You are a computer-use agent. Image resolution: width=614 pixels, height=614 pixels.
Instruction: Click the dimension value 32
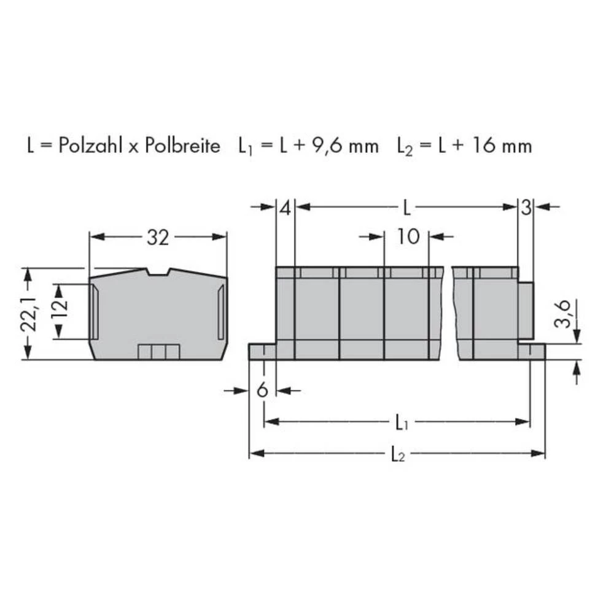[x=157, y=238]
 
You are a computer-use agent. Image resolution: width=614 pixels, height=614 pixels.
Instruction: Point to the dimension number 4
[x=284, y=208]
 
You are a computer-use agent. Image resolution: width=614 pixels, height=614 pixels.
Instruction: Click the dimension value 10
[x=406, y=236]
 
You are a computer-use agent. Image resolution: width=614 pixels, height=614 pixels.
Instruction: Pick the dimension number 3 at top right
[x=526, y=208]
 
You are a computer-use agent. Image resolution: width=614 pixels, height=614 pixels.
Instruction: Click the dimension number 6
[x=262, y=390]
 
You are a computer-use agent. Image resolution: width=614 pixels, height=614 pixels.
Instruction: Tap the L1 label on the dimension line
[x=400, y=422]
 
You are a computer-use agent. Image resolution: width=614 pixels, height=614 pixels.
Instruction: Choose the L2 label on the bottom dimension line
[x=397, y=454]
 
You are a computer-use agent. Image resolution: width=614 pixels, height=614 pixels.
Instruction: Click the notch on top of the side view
[x=158, y=272]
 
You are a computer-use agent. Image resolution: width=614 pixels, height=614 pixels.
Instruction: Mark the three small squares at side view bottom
[x=158, y=352]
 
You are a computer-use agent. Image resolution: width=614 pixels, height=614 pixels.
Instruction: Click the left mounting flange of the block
[x=262, y=351]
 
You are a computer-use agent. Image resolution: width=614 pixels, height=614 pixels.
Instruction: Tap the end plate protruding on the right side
[x=526, y=310]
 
